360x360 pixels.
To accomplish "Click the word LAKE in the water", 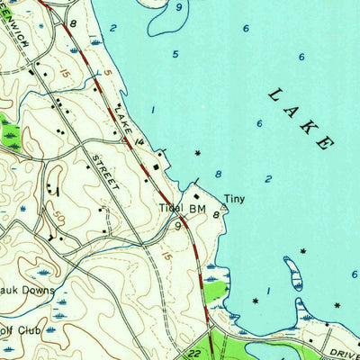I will [301, 118].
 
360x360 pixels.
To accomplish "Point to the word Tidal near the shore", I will [171, 207].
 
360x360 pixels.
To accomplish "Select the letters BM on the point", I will [197, 207].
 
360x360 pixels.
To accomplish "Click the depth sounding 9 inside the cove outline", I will [179, 7].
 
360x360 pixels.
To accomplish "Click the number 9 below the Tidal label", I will [179, 227].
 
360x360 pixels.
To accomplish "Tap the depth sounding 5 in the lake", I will [175, 54].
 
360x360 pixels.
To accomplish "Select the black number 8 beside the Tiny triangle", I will [216, 214].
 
